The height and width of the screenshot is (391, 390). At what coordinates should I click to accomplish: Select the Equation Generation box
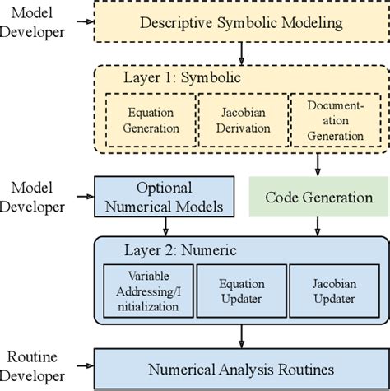[x=151, y=120]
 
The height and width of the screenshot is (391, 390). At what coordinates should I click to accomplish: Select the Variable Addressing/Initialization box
[x=147, y=288]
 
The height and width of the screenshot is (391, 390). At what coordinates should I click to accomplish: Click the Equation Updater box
[x=240, y=288]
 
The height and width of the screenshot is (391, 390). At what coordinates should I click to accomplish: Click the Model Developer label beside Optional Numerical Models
[x=35, y=198]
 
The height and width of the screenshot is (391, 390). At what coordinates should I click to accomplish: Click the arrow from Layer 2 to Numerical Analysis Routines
[x=240, y=333]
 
